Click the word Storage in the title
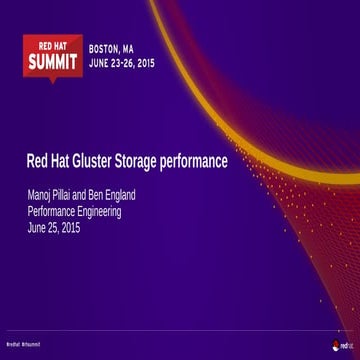pos(149,161)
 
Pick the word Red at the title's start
pos(37,161)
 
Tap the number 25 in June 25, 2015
pos(55,228)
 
